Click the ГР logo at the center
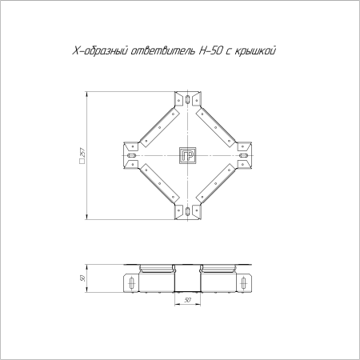pos(188,155)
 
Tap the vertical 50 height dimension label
pos(82,278)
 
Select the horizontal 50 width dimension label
pos(187,300)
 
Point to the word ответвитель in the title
pos(163,51)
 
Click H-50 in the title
pos(210,50)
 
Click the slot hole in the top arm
pos(188,99)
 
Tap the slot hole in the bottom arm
pos(188,211)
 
